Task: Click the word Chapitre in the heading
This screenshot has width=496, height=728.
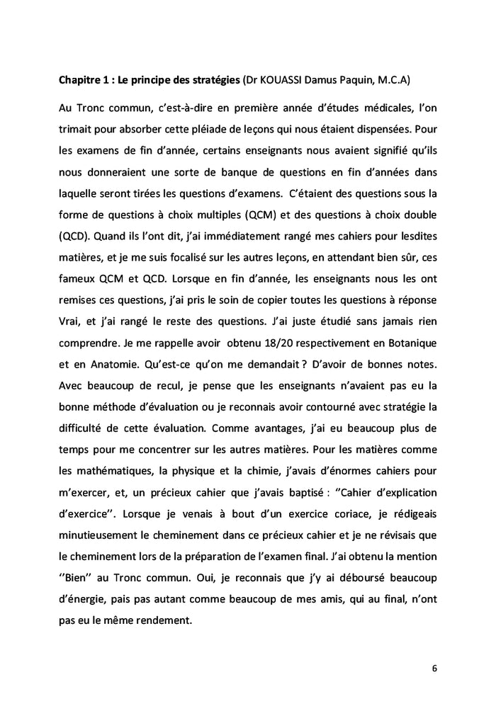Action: (81, 82)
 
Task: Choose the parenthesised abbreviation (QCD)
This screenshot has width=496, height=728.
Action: (76, 239)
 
